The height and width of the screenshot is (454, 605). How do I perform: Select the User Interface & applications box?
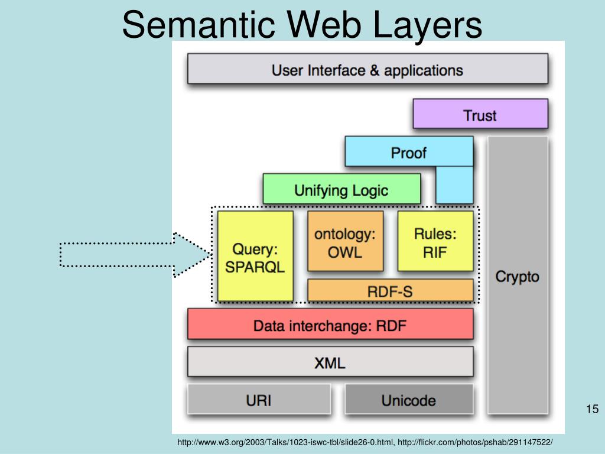pos(367,69)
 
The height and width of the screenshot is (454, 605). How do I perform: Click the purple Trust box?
pos(480,115)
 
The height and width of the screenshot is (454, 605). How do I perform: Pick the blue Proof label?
pos(408,153)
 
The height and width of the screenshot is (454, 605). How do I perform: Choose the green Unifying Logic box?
pos(341,189)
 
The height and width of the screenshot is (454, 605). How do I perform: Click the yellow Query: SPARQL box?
pos(255,257)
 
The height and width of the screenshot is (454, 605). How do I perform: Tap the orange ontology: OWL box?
pos(345,242)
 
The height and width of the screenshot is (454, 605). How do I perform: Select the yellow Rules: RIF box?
pos(435,242)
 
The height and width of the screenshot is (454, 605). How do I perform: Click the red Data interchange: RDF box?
pos(330,325)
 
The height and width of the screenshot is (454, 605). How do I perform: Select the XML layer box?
pos(330,362)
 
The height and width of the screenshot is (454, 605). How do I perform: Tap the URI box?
pos(259,400)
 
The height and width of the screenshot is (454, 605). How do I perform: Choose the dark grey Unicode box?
pos(409,400)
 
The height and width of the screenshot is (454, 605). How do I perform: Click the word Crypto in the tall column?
pos(517,277)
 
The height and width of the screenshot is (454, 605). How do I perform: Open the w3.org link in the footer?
pos(286,442)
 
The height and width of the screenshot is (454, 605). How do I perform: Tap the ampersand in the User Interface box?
pos(375,70)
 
